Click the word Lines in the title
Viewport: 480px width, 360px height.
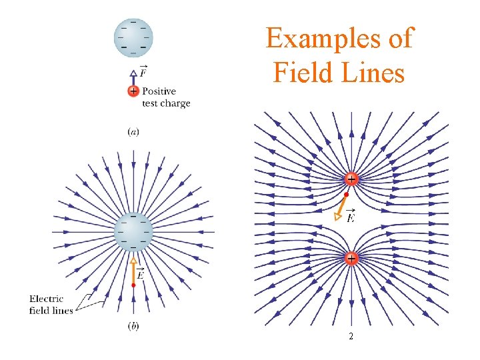pyautogui.click(x=371, y=71)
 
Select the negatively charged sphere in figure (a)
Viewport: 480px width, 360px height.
pyautogui.click(x=133, y=37)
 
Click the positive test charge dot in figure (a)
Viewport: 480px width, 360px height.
pyautogui.click(x=133, y=91)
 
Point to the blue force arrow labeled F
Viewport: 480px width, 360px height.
pyautogui.click(x=133, y=77)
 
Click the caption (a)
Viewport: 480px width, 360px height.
pyautogui.click(x=133, y=131)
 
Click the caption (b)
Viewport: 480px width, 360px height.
pyautogui.click(x=133, y=325)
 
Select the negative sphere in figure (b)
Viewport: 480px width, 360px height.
pyautogui.click(x=133, y=231)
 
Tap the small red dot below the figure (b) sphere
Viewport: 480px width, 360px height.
pyautogui.click(x=133, y=285)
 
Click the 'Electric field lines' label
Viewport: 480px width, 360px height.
pyautogui.click(x=51, y=306)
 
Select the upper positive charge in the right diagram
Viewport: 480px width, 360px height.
pyautogui.click(x=351, y=179)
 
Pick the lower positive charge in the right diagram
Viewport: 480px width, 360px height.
pyautogui.click(x=351, y=257)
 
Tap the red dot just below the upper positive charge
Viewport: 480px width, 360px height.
pyautogui.click(x=346, y=195)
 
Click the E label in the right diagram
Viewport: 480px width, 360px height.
pyautogui.click(x=351, y=217)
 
